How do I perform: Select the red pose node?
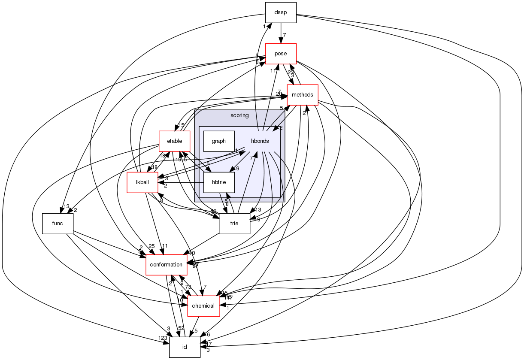[281, 54]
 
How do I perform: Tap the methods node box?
[302, 94]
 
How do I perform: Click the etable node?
[174, 141]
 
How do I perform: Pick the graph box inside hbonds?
[218, 141]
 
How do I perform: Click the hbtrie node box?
[218, 182]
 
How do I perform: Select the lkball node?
[142, 182]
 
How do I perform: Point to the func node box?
[58, 223]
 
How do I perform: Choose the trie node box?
[234, 223]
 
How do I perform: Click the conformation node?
[167, 264]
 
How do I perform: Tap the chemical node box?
[203, 306]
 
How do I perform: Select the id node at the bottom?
[185, 347]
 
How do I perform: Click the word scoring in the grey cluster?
[239, 115]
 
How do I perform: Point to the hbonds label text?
[260, 141]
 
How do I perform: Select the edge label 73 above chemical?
[188, 287]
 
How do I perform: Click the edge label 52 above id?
[181, 328]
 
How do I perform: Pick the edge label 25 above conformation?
[151, 246]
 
